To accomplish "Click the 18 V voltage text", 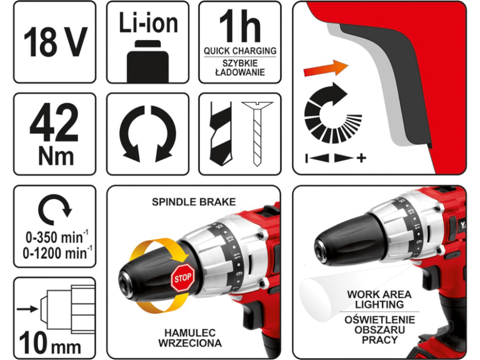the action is click(55, 42).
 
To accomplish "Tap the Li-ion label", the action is click(148, 23).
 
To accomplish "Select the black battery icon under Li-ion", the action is click(148, 61).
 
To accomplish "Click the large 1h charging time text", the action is click(240, 26).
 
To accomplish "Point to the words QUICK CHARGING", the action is click(240, 51).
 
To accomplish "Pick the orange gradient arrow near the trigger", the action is click(326, 68).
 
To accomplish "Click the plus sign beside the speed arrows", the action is click(361, 158).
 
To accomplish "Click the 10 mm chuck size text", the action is click(50, 343).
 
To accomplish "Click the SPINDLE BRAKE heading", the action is click(194, 202).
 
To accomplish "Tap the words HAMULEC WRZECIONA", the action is click(190, 338).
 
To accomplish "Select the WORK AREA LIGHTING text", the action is click(379, 300).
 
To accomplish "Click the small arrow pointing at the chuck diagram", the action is click(28, 309).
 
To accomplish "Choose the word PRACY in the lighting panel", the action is click(380, 340).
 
